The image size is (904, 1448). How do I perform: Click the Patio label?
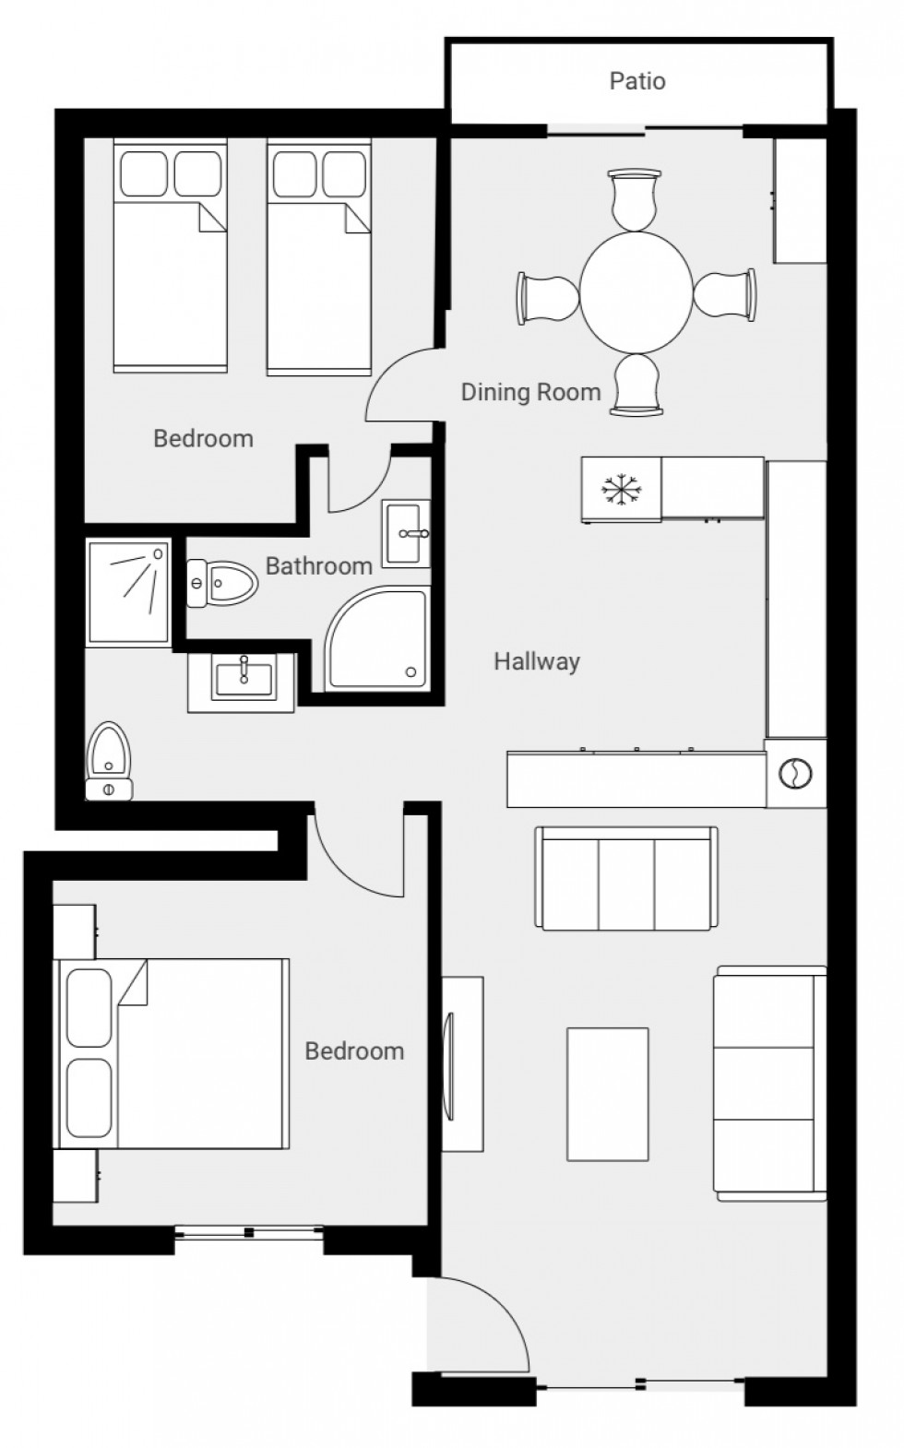coord(637,81)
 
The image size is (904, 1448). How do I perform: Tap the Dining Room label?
coord(530,392)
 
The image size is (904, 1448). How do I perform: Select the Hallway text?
coord(536,661)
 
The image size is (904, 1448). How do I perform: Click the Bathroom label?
coord(318,565)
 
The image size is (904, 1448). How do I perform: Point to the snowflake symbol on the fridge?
coord(621,490)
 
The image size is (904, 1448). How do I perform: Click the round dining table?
coord(636,291)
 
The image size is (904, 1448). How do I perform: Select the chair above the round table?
coord(636,199)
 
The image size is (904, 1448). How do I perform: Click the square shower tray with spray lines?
coord(129,591)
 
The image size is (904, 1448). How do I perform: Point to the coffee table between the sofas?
coord(607,1094)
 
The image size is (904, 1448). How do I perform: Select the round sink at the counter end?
coord(796,774)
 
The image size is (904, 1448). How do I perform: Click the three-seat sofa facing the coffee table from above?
coord(626,879)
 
